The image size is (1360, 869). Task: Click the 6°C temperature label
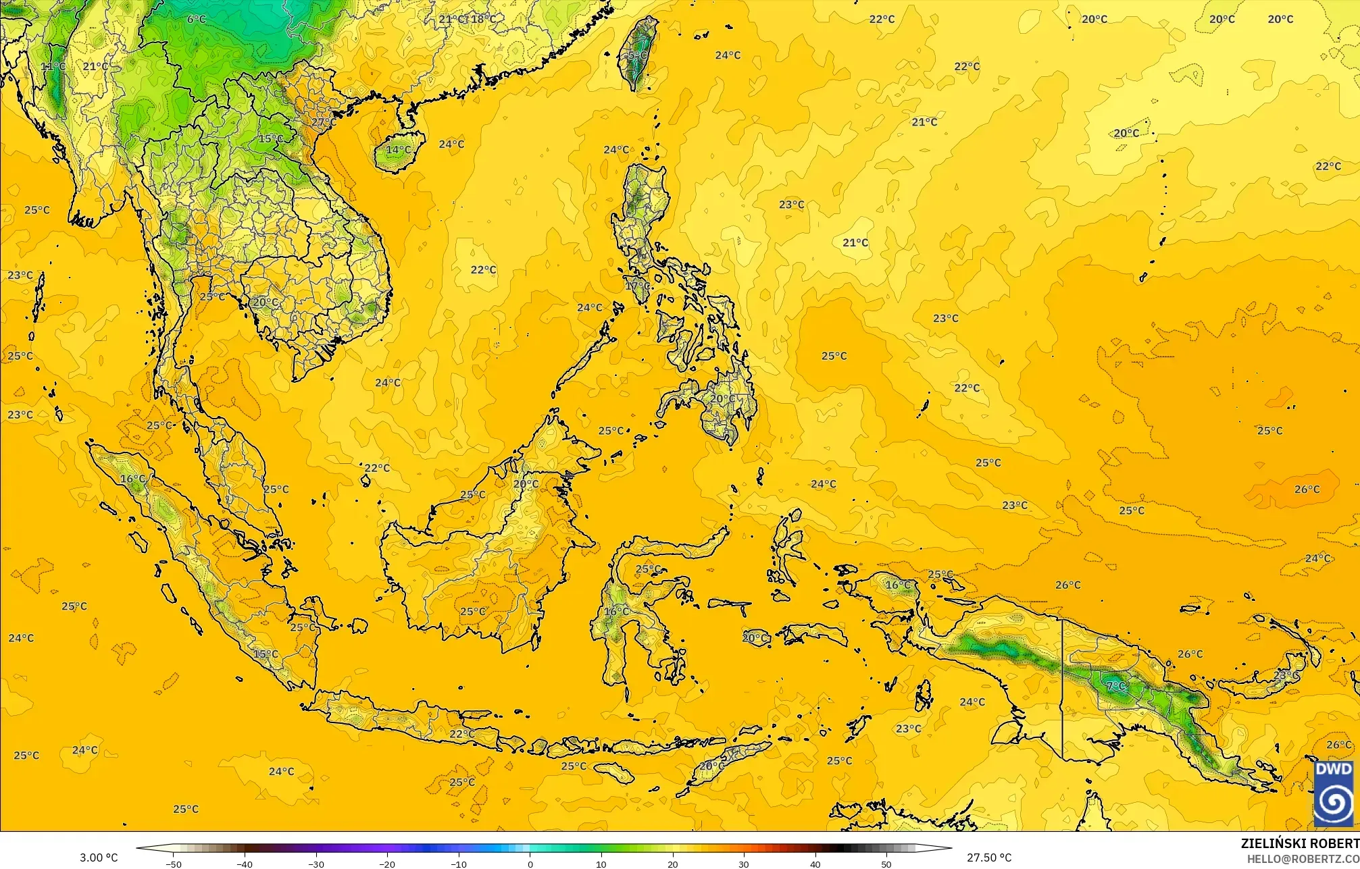[x=196, y=19]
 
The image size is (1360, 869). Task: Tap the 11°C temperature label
[x=53, y=66]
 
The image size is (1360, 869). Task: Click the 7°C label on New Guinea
[x=1116, y=686]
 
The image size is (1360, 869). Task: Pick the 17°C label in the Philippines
[x=637, y=286]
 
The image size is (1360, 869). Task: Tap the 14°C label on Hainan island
[x=398, y=149]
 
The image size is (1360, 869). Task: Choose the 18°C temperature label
[x=484, y=19]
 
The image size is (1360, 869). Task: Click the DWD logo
[x=1333, y=793]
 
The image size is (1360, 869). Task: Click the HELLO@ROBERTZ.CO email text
[x=1303, y=859]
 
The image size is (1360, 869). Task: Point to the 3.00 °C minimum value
[x=99, y=858]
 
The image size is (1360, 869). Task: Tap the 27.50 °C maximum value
[x=988, y=858]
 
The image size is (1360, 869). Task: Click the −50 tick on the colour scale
[x=173, y=864]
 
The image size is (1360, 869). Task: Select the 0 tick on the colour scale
[x=530, y=864]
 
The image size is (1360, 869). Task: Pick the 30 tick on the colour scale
[x=744, y=864]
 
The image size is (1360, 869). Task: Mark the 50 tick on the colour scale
[x=886, y=864]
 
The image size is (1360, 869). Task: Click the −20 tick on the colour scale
[x=386, y=864]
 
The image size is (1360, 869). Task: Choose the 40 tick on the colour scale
[x=815, y=864]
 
